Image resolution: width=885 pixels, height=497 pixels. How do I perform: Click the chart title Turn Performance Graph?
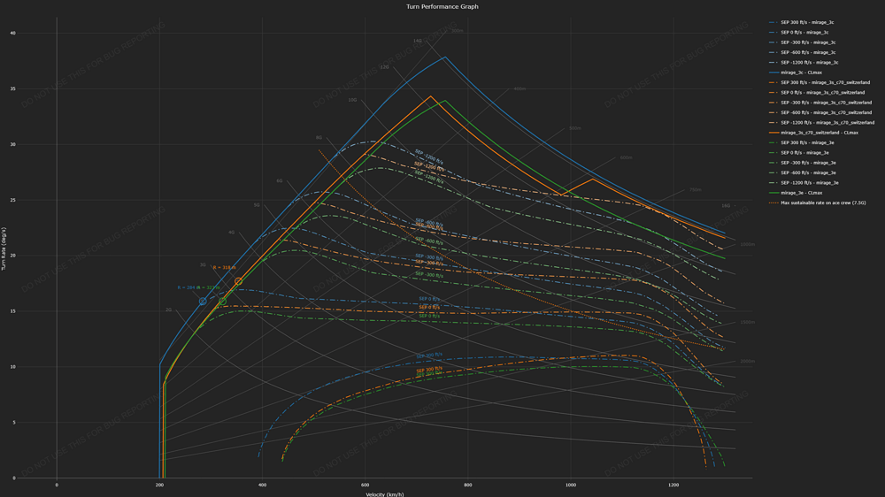coord(442,6)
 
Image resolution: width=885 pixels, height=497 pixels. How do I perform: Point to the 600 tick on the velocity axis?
coord(365,485)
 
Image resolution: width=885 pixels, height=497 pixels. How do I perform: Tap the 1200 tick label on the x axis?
coord(673,485)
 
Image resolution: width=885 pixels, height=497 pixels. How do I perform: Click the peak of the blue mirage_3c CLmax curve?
coord(445,57)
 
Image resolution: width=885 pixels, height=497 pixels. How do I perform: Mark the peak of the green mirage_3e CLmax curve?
coord(445,101)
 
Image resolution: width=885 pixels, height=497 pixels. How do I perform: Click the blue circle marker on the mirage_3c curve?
coord(203,302)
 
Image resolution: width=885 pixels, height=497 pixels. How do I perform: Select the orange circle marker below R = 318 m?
coord(238,281)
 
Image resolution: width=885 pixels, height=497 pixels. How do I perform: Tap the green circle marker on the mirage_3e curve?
coord(222,302)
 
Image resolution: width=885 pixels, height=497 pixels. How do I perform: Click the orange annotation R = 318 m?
coord(224,267)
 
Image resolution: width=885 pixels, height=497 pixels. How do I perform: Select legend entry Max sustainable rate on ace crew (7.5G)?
coord(822,203)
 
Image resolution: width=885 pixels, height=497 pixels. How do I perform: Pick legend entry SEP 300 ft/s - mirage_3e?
coord(807,142)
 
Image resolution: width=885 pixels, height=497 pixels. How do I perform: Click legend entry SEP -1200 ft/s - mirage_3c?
coord(809,63)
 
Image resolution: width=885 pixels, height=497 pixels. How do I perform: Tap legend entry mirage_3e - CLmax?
coord(801,193)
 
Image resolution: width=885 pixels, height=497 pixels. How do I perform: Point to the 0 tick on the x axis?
coord(57,485)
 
